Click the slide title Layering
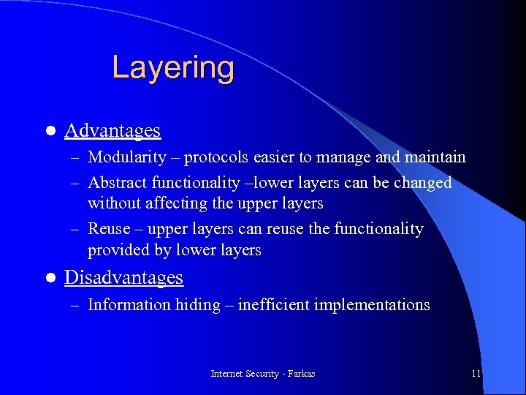pos(173,68)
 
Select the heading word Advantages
pos(113,131)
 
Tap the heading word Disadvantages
pos(123,278)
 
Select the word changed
pos(422,183)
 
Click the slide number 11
pos(476,374)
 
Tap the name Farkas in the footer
pos(302,374)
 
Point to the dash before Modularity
pos(75,158)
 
